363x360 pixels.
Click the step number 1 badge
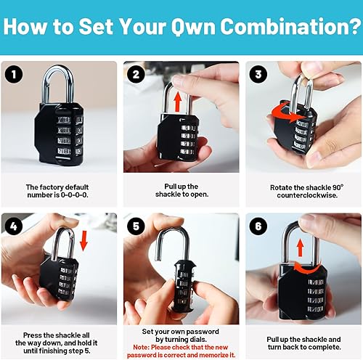click(13, 74)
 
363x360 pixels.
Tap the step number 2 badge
click(135, 74)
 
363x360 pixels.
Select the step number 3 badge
click(257, 74)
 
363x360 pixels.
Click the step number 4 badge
click(13, 226)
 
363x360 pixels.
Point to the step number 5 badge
click(135, 226)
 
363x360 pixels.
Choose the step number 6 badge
click(257, 226)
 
